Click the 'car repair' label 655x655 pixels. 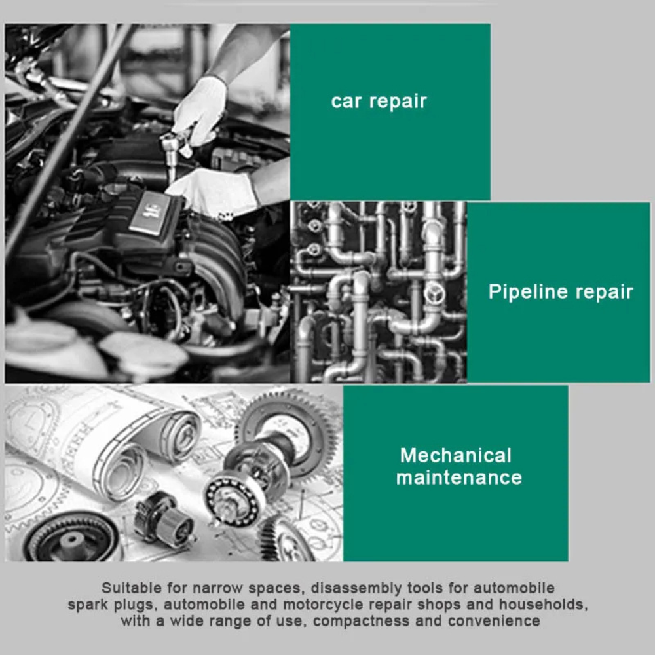379,102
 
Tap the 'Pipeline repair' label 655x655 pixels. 561,291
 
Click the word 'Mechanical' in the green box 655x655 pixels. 456,455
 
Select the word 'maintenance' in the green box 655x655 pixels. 459,478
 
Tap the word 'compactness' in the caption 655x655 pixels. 361,621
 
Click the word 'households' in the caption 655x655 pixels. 544,605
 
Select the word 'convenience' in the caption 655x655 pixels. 494,621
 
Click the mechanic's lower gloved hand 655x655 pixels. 213,191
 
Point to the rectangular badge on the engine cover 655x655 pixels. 149,213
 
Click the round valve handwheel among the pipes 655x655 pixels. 434,292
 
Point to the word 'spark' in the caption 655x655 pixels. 86,605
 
